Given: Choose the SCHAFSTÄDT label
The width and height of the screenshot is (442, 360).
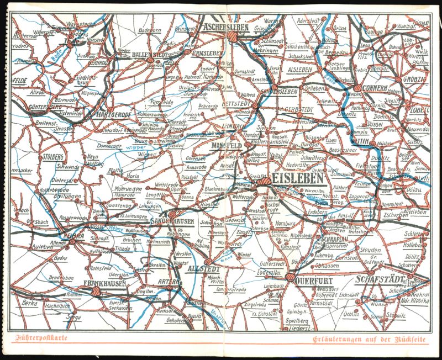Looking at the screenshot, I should coord(383,279).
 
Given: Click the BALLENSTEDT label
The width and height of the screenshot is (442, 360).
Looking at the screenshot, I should coord(151,55).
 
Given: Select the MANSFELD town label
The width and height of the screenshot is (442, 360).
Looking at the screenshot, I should coord(227,145).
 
